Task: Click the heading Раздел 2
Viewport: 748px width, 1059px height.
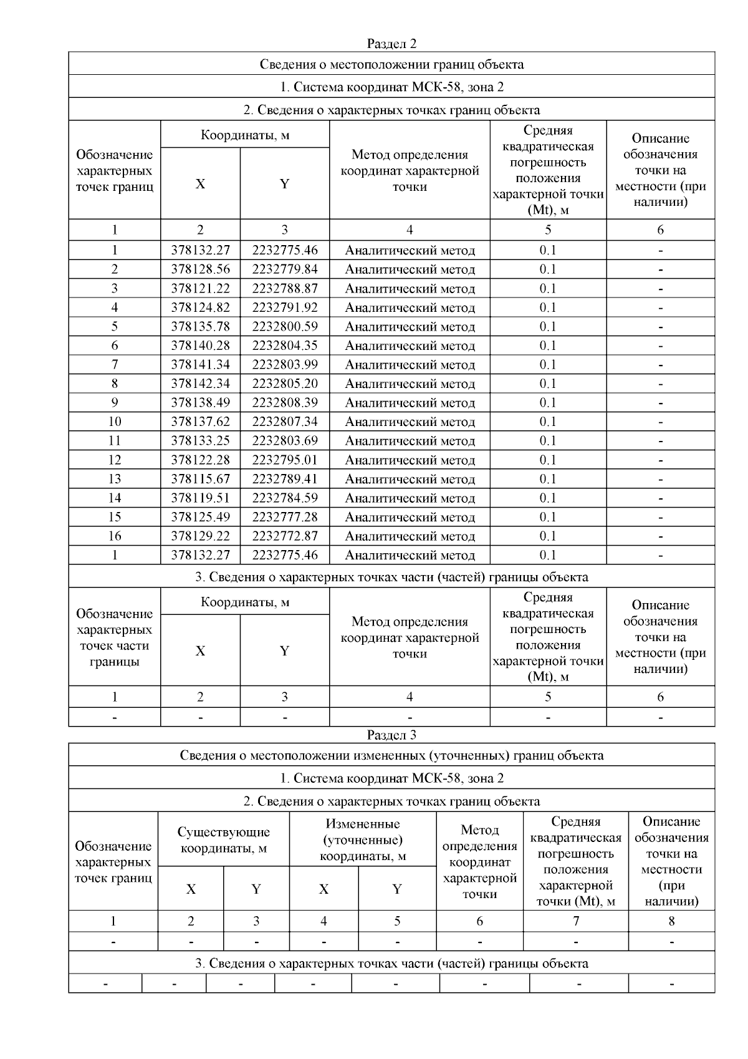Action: pos(391,44)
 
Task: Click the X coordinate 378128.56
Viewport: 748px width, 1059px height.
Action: pos(200,269)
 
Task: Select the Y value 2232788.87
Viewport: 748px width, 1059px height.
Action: pos(285,289)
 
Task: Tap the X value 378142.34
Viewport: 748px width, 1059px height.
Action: pos(200,384)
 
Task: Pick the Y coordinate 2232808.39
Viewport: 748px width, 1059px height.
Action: pos(285,403)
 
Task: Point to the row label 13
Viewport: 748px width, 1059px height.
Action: pos(115,479)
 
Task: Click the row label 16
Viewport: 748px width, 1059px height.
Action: pos(115,536)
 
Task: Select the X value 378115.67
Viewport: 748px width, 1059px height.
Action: pos(200,479)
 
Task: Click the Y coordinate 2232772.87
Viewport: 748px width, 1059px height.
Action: pos(285,536)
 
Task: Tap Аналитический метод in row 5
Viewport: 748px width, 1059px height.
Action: pos(410,327)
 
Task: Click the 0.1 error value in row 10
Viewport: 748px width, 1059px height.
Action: pos(548,422)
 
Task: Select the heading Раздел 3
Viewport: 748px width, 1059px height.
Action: pos(391,735)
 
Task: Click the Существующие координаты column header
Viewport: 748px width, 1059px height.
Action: pos(224,839)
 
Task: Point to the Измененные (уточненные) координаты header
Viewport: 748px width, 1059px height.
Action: pos(363,839)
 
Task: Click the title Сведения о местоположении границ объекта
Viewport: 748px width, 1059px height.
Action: pos(391,64)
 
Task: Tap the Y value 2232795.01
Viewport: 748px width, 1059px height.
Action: pos(285,460)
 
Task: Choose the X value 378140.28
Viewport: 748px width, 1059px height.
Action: pos(200,346)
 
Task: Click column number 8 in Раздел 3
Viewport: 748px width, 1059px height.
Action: pos(671,921)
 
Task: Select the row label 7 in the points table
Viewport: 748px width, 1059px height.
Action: pos(115,365)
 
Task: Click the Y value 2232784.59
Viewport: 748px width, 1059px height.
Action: pos(285,498)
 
